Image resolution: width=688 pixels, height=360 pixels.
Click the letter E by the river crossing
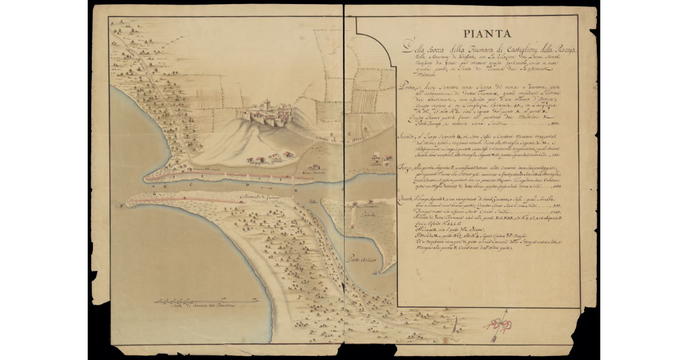(x=296, y=189)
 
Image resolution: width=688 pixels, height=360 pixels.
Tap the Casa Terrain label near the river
(x=313, y=173)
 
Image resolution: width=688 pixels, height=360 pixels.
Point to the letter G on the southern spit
(x=140, y=194)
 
